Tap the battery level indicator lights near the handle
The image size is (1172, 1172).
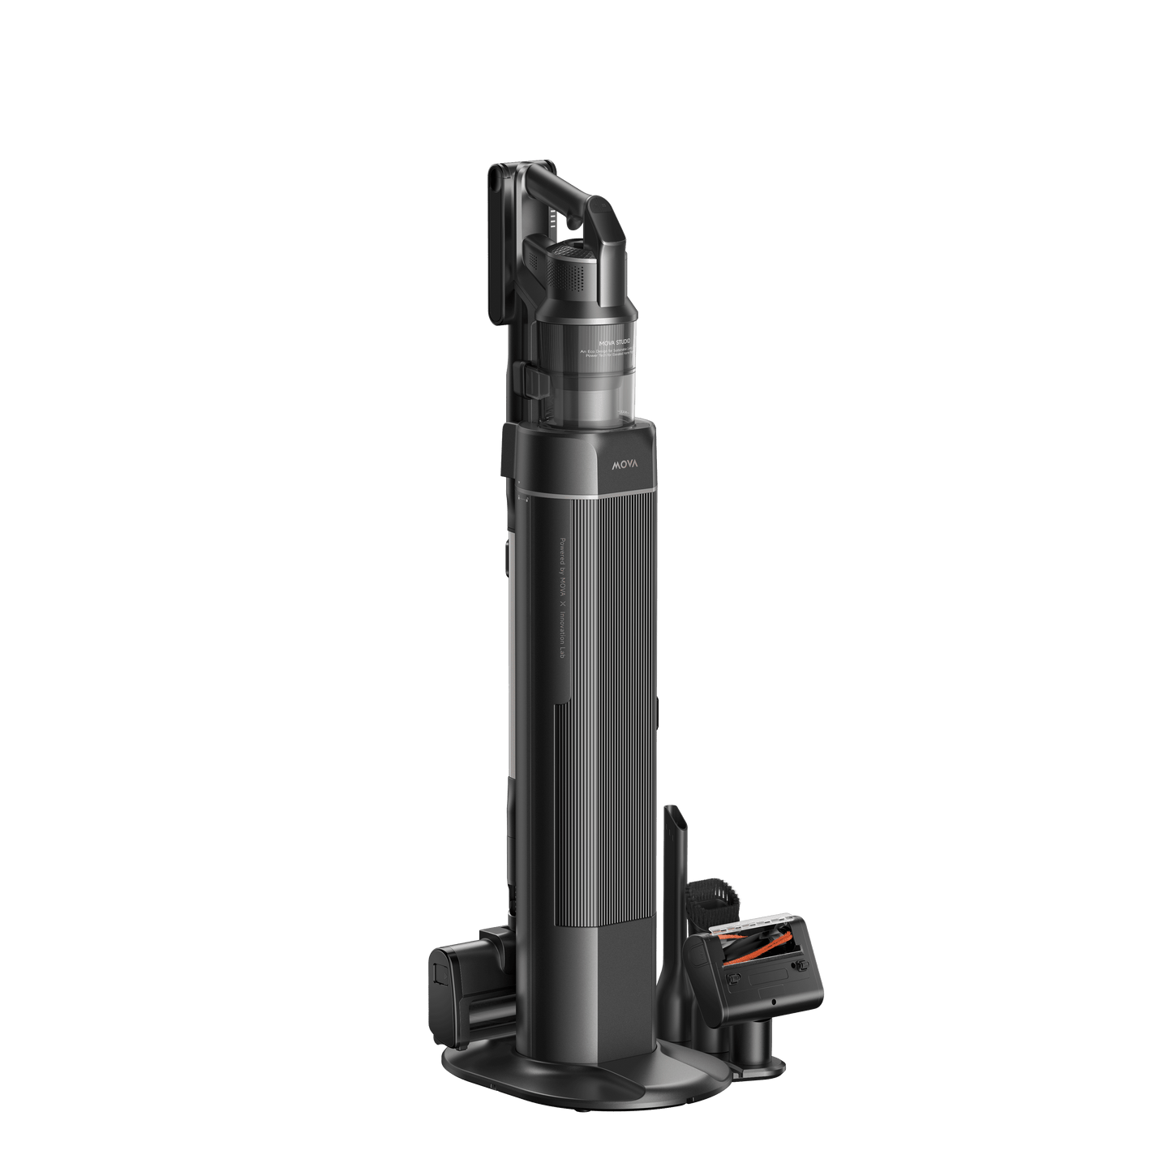[x=554, y=218]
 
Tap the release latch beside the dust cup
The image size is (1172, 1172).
[x=528, y=381]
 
